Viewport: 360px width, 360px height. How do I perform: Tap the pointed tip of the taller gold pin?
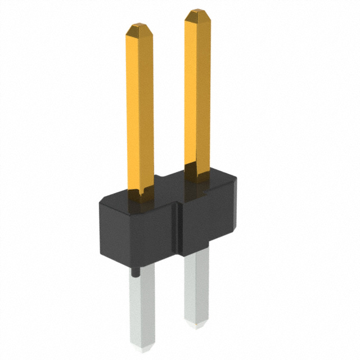pos(198,13)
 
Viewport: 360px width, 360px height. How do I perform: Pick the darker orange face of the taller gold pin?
pos(205,90)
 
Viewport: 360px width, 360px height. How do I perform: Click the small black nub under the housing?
pos(136,272)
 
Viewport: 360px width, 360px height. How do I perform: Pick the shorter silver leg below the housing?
pos(195,287)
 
